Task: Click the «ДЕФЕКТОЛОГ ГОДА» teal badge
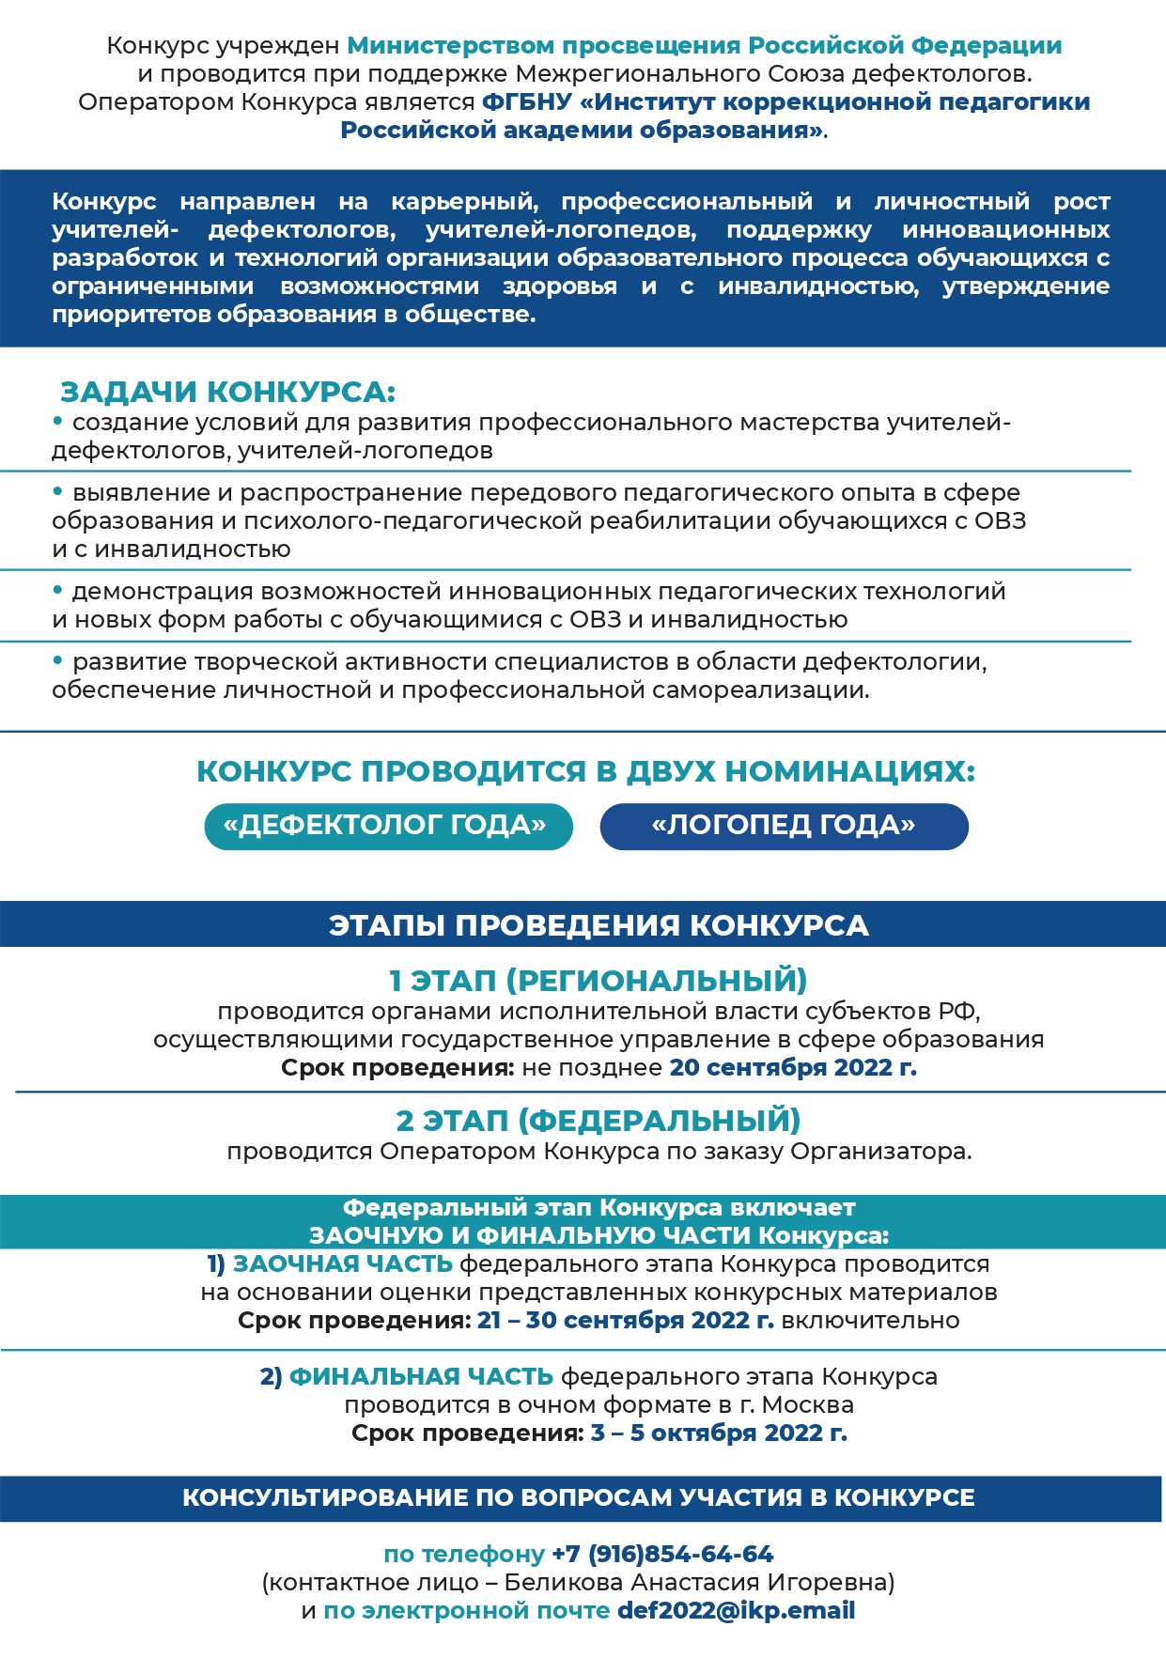coord(388,827)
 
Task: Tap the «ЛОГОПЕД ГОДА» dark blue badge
coord(784,827)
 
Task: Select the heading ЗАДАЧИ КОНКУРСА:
coord(227,392)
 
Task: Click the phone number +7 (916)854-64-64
coord(662,1554)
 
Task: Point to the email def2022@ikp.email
coord(736,1610)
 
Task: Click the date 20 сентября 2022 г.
coord(792,1067)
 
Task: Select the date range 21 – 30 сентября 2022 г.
coord(625,1320)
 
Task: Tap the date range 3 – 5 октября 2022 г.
coord(719,1433)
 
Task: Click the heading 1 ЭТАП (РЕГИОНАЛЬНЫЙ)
coord(599,981)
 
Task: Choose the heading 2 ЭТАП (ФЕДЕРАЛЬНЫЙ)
coord(599,1121)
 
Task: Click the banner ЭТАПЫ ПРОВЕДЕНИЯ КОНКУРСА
coord(599,925)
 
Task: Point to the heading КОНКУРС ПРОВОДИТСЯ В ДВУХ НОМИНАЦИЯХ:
coord(585,771)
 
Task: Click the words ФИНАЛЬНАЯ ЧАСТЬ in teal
coord(421,1376)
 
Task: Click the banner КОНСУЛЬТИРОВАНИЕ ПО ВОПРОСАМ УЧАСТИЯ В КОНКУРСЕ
coord(579,1497)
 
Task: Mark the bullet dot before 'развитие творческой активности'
coord(58,660)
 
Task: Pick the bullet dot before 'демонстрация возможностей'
coord(58,590)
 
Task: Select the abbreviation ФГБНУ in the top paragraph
coord(526,101)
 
